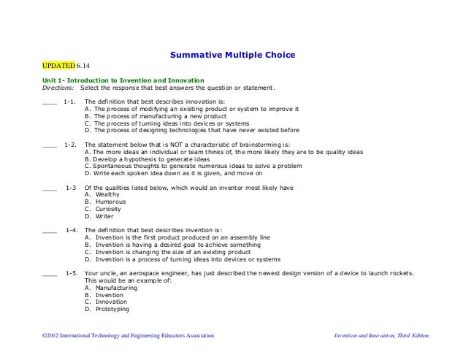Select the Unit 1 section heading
click(x=118, y=80)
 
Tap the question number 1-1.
click(x=71, y=102)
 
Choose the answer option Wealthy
click(x=106, y=195)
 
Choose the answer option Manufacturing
click(x=113, y=288)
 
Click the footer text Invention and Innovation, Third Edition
click(x=381, y=335)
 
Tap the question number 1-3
click(x=71, y=188)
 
